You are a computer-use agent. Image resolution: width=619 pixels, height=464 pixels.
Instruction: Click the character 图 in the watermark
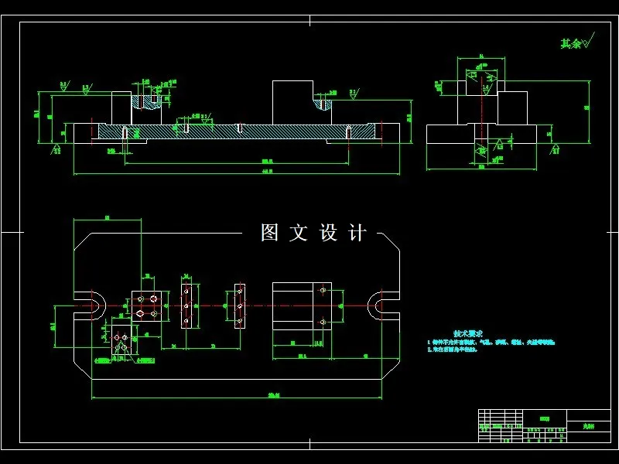click(269, 233)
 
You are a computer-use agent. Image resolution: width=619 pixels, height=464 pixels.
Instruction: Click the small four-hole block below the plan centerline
click(120, 343)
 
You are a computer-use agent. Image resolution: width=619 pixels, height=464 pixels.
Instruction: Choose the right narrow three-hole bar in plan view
click(240, 305)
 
